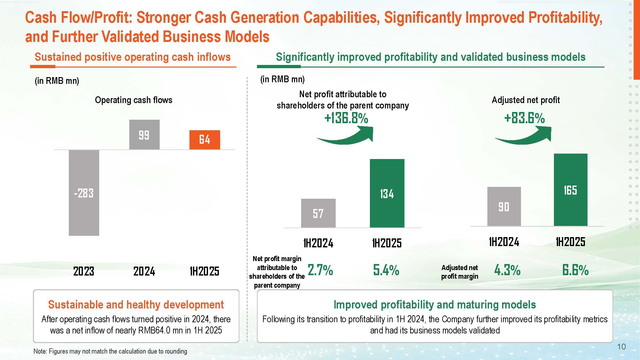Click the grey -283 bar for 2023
click(84, 193)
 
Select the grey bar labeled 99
click(144, 135)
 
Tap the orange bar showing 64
click(205, 140)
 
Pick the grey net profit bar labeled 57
click(318, 213)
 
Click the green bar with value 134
click(387, 193)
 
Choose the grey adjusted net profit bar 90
click(504, 206)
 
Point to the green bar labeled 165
click(571, 190)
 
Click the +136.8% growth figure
click(346, 118)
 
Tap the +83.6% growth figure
click(524, 118)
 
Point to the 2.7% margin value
click(320, 270)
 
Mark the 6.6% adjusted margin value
click(575, 270)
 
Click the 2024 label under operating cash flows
click(144, 271)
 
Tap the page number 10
click(621, 347)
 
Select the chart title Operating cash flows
click(133, 100)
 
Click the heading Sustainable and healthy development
click(136, 305)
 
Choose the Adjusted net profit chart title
click(526, 100)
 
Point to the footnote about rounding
click(110, 351)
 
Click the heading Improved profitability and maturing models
click(435, 305)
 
